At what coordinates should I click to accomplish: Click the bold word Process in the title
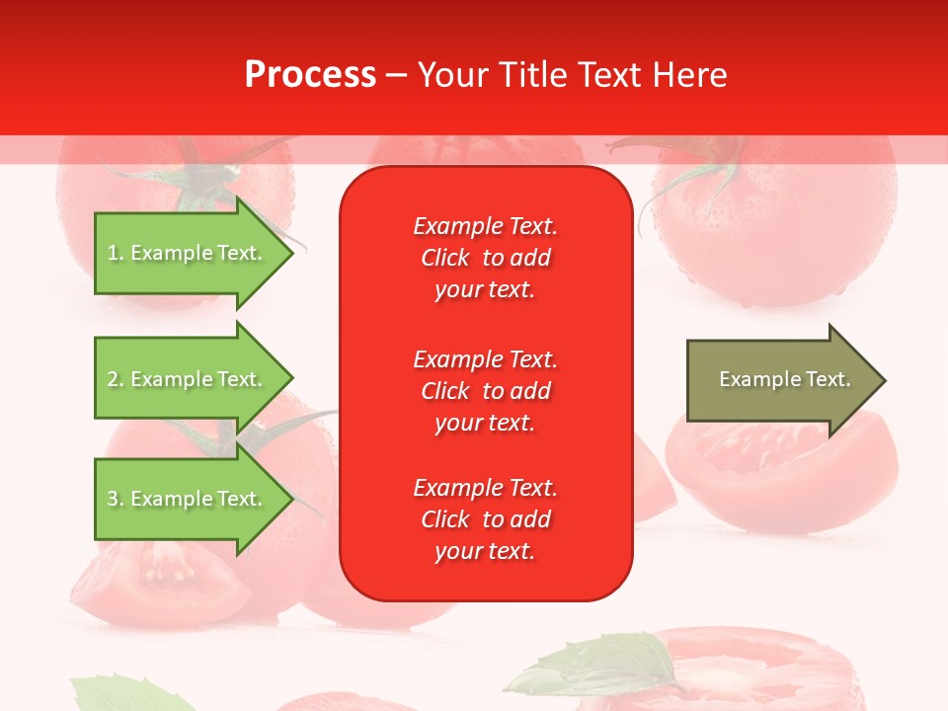pos(310,75)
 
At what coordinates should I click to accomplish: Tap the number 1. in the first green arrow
pos(116,253)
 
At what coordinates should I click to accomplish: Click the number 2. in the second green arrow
pos(116,379)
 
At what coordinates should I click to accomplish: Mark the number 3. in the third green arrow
pos(116,499)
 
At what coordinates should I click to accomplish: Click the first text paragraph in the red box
pos(485,258)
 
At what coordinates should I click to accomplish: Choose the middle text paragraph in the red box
pos(485,391)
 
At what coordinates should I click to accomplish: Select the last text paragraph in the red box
pos(485,519)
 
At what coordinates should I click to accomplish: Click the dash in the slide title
pos(396,75)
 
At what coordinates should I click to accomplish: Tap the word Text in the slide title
pos(606,75)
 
